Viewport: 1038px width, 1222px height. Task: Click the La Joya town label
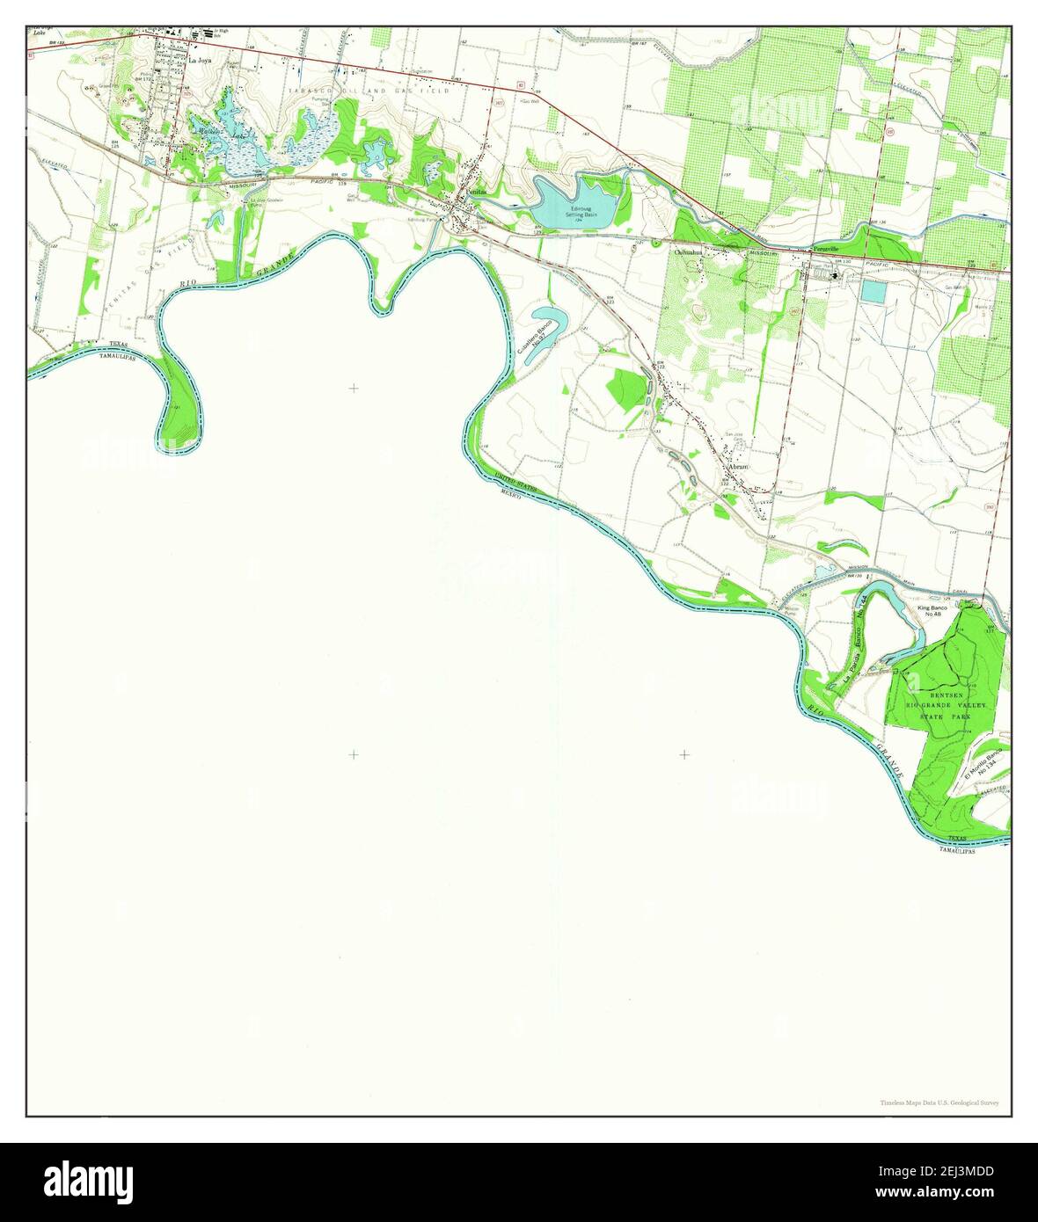[x=201, y=62]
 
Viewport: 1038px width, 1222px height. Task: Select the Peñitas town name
[x=475, y=192]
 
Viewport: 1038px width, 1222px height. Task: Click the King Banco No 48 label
[x=930, y=611]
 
